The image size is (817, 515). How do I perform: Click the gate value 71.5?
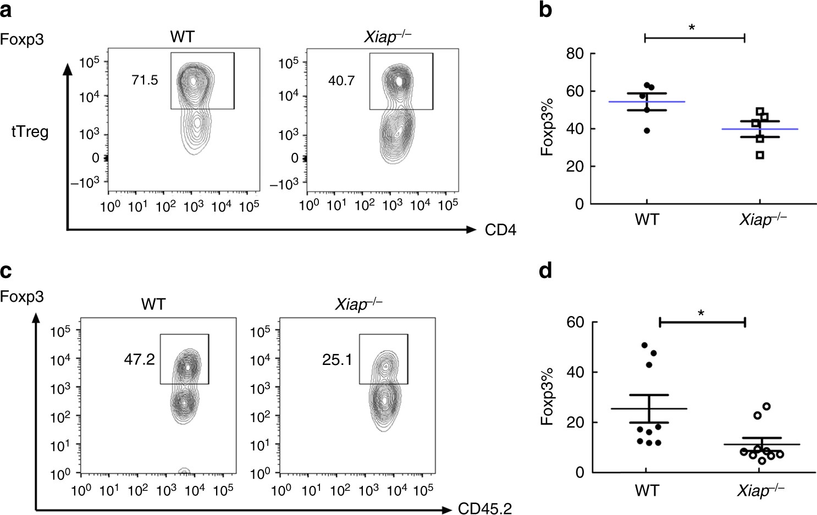pyautogui.click(x=145, y=80)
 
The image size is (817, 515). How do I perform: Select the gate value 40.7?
pyautogui.click(x=341, y=81)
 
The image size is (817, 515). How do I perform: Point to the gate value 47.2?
pyautogui.click(x=139, y=359)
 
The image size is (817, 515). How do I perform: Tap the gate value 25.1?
pyautogui.click(x=337, y=360)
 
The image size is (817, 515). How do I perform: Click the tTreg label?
pyautogui.click(x=30, y=132)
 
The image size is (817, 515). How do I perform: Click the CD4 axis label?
pyautogui.click(x=500, y=230)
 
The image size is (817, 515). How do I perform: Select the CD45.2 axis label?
pyautogui.click(x=485, y=509)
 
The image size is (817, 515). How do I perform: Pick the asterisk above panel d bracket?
pyautogui.click(x=701, y=314)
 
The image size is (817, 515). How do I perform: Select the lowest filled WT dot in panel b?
pyautogui.click(x=647, y=131)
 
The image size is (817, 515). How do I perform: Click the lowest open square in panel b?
pyautogui.click(x=760, y=155)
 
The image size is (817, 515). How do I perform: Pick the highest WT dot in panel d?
pyautogui.click(x=644, y=345)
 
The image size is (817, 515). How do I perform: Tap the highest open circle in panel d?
pyautogui.click(x=766, y=406)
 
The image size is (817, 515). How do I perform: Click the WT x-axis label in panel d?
pyautogui.click(x=647, y=490)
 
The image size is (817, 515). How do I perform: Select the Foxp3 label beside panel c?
pyautogui.click(x=23, y=297)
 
